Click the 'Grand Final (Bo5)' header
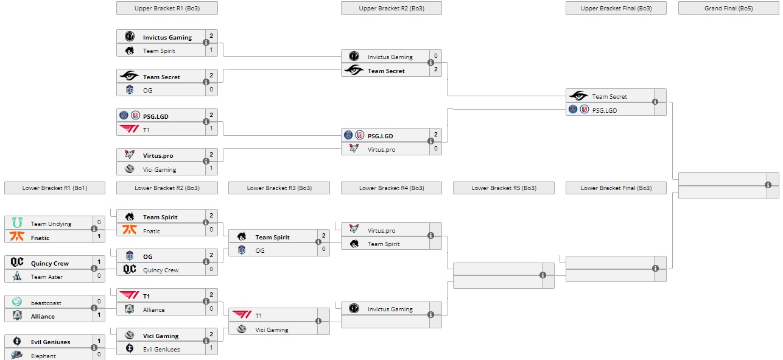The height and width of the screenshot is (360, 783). (728, 8)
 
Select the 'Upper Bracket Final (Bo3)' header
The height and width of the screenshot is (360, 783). (616, 8)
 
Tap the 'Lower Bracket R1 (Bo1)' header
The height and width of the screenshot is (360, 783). (55, 188)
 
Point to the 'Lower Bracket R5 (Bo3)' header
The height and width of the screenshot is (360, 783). (504, 188)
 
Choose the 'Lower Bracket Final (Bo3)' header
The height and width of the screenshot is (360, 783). (616, 188)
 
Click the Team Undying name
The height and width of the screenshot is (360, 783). (51, 224)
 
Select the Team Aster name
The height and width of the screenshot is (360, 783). (47, 277)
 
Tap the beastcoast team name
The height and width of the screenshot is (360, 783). (46, 303)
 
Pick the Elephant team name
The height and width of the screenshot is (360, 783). (43, 356)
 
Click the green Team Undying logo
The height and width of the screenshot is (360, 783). (17, 223)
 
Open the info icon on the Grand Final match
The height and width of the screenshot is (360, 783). (768, 185)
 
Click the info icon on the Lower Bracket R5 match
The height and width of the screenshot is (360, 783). (542, 275)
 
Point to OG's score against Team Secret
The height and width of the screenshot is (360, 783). (211, 90)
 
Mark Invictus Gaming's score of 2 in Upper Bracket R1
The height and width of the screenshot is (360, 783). (211, 37)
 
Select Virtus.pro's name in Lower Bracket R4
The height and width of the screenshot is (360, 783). (381, 231)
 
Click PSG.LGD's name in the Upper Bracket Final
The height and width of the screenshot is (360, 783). (605, 110)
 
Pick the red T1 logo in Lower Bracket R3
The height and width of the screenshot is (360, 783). (242, 315)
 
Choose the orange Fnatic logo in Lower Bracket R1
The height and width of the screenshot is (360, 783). (17, 237)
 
